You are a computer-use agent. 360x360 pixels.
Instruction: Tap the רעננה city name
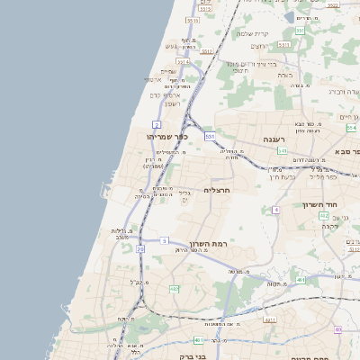click(274, 140)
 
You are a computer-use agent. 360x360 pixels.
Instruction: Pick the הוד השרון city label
click(346, 205)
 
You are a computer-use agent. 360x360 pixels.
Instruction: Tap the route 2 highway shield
click(157, 123)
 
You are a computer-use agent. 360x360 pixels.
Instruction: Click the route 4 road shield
click(275, 209)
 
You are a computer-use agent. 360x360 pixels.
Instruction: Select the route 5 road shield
click(165, 240)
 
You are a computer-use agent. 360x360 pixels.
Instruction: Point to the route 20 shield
click(139, 248)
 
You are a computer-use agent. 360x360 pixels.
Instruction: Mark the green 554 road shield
click(352, 128)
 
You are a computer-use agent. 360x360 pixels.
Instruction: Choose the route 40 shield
click(337, 329)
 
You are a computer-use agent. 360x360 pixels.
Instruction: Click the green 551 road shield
click(300, 31)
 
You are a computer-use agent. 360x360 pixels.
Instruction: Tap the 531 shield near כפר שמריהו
click(210, 136)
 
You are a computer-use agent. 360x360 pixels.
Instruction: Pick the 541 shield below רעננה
click(282, 151)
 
